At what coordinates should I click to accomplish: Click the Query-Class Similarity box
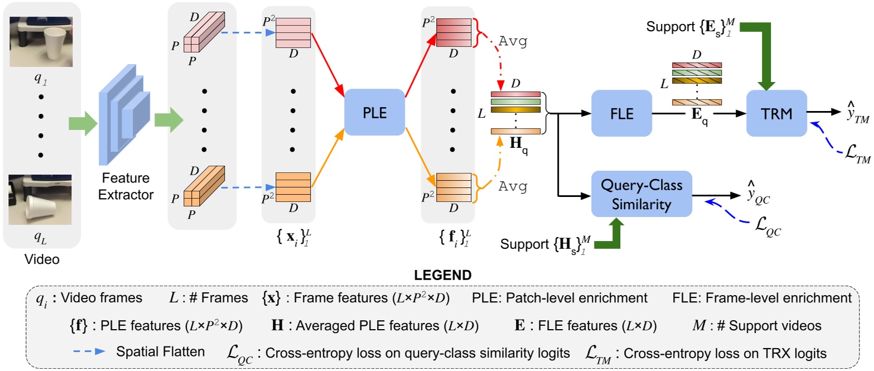click(x=641, y=196)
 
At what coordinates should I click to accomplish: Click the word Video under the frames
click(x=41, y=260)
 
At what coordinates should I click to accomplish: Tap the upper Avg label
click(x=513, y=42)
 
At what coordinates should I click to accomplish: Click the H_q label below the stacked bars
click(x=519, y=144)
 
